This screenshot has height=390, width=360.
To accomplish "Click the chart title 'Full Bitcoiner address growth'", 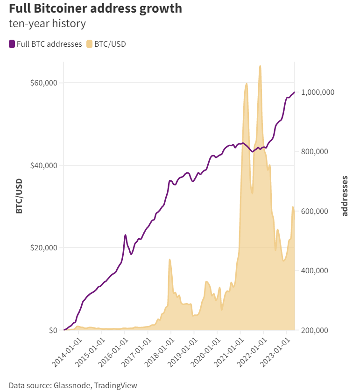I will [x=95, y=8].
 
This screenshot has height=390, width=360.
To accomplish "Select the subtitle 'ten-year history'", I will [x=47, y=23].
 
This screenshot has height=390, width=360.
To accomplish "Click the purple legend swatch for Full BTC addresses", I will [x=12, y=44].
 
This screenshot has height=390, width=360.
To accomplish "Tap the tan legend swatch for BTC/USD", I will [x=89, y=44].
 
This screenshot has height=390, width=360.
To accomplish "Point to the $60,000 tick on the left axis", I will [x=43, y=83].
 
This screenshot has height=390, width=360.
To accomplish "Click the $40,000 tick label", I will [x=43, y=165].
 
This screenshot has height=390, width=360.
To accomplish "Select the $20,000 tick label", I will [x=43, y=248].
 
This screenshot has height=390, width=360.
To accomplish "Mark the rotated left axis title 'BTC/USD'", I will [x=19, y=196].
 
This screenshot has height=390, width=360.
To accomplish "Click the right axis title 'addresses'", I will [x=345, y=196].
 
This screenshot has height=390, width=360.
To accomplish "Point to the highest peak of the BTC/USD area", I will [x=260, y=66].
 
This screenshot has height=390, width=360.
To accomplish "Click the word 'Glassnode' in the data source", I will [x=73, y=385].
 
